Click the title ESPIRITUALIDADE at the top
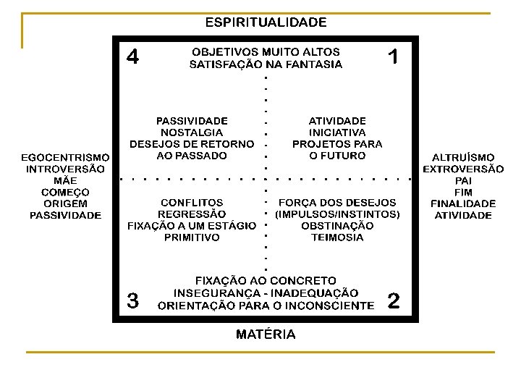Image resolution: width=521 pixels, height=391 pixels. point(266,22)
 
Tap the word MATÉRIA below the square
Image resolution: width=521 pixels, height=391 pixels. point(266,335)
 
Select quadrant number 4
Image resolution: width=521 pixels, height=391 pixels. point(133,56)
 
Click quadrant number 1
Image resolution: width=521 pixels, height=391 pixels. point(393,56)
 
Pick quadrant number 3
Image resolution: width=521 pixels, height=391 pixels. point(133,300)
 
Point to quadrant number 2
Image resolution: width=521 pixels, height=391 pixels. point(394,300)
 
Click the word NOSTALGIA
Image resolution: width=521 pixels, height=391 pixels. point(192,133)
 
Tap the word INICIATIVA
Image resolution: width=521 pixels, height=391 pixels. point(337,133)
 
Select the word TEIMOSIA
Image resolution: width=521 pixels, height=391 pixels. point(337,237)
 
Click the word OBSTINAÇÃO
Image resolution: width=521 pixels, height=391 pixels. point(337,226)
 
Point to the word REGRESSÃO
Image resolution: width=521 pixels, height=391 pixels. point(192,214)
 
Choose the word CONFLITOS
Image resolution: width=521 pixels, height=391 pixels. point(192,203)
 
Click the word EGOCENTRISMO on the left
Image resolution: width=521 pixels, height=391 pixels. point(65,157)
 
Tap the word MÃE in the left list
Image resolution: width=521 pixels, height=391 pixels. point(65,180)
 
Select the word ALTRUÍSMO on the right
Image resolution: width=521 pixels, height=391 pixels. point(463,157)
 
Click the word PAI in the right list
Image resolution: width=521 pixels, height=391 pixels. point(463,180)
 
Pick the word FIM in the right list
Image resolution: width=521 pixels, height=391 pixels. point(463,192)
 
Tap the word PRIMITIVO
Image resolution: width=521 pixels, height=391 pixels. point(192,237)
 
